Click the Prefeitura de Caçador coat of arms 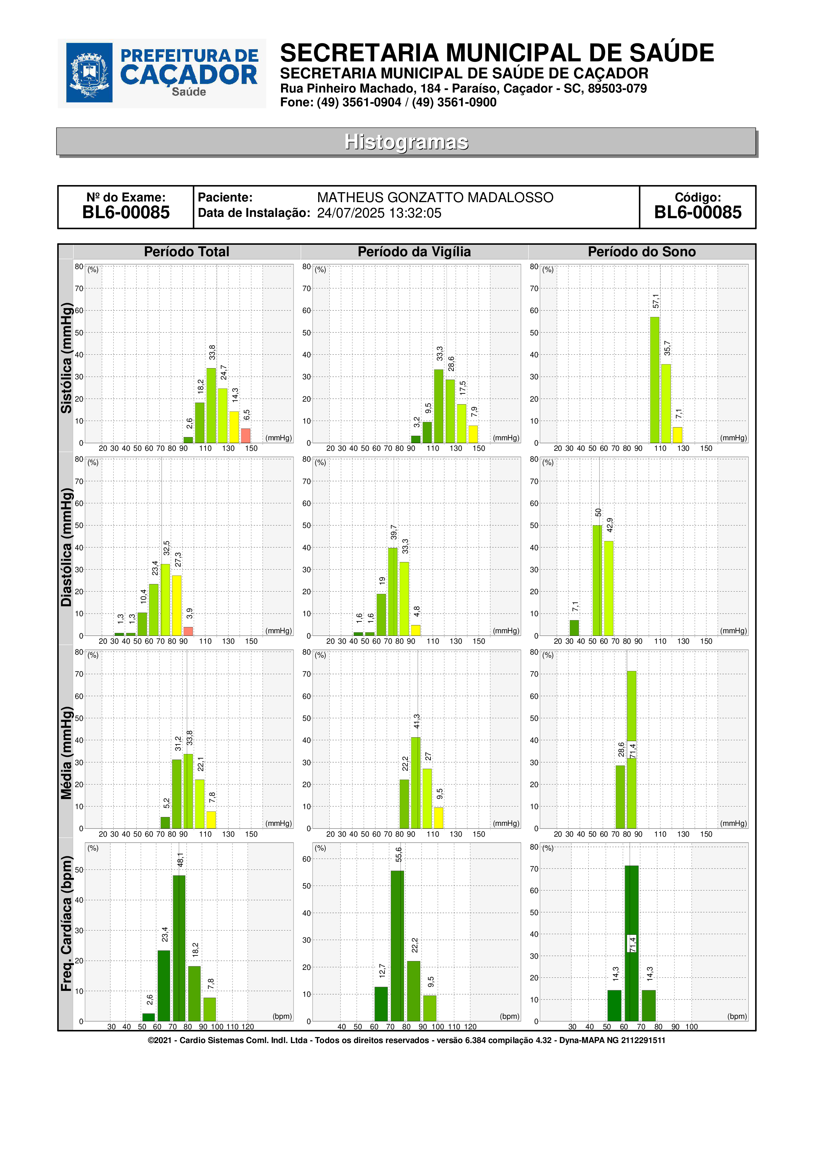pos(89,73)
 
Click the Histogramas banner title pos(406,142)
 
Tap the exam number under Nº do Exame pos(126,213)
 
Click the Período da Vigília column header pos(414,252)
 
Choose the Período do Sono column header pos(642,252)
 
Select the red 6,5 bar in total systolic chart pos(245,436)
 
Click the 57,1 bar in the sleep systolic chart pos(654,380)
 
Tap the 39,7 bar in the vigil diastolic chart pos(393,592)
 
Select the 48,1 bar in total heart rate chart pos(179,949)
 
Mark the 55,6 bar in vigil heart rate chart pos(397,946)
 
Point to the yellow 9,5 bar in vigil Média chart pos(438,818)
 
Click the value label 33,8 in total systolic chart pos(212,352)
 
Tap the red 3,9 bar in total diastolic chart pos(188,632)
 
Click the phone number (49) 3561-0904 pos(359,102)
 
